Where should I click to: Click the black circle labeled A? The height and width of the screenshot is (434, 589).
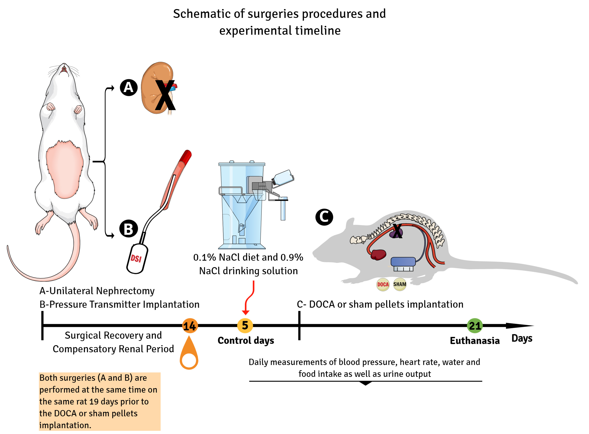[129, 88]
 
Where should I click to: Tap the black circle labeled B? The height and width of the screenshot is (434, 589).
[129, 229]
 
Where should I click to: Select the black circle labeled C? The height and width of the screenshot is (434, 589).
[324, 217]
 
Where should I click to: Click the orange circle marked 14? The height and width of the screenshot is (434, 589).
[190, 326]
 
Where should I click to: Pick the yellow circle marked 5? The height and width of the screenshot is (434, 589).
[245, 325]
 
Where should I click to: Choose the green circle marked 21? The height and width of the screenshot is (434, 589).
[475, 326]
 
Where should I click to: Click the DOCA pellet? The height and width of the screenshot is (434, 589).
[383, 284]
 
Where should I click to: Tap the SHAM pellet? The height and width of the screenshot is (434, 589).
[400, 284]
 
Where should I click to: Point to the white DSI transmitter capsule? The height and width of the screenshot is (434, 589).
[137, 259]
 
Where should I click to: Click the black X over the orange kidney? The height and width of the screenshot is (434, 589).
[165, 95]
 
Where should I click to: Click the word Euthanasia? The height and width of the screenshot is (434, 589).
[475, 340]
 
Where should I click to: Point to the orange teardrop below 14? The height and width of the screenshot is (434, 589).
[189, 352]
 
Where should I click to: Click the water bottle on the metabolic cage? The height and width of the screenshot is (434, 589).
[283, 178]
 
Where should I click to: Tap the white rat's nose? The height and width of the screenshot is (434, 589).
[64, 64]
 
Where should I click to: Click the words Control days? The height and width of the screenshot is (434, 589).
[246, 340]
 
